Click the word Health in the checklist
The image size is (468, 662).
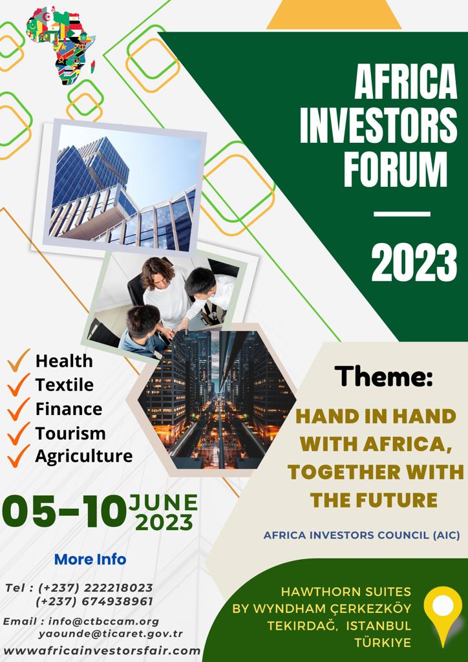[64, 361]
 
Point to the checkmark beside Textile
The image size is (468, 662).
[19, 385]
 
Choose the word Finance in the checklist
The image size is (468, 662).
[69, 409]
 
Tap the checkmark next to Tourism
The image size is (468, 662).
[19, 433]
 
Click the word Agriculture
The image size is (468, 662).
[84, 456]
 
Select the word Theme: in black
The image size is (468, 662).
[384, 376]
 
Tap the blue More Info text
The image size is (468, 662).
[90, 559]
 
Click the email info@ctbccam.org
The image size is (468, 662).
[104, 621]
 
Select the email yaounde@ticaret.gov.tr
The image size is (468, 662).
[111, 634]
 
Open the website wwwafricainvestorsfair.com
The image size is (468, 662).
[101, 650]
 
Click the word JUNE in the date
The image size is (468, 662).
[164, 503]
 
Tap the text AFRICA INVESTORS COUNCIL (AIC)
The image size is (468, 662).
[361, 535]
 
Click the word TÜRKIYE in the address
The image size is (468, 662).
[383, 643]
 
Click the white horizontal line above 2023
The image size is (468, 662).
[402, 215]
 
